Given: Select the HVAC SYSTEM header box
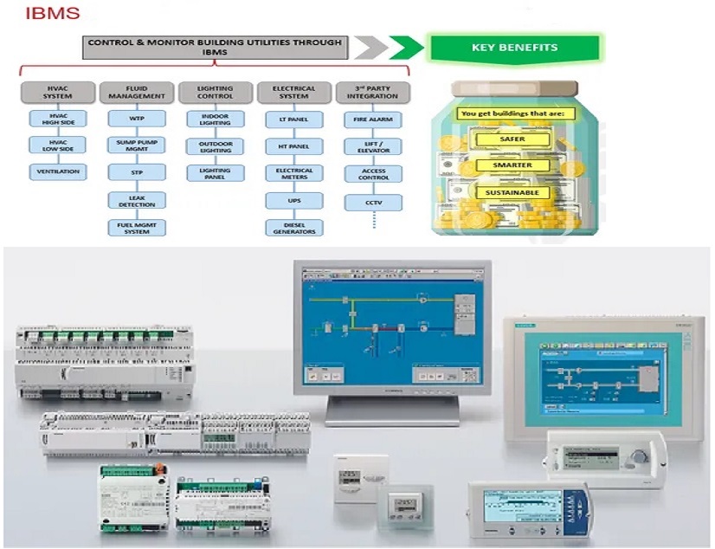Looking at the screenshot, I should [x=58, y=92].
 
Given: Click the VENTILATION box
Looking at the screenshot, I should [x=58, y=171].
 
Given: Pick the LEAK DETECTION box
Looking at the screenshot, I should [x=137, y=200].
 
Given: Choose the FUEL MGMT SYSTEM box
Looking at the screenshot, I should [x=137, y=228].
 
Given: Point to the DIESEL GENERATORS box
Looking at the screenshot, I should [x=293, y=228].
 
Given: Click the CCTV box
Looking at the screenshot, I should [x=373, y=202].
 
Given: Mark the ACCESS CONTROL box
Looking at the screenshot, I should [x=373, y=173].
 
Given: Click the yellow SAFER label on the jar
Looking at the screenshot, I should [x=512, y=139].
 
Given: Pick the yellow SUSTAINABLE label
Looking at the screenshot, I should [x=512, y=192].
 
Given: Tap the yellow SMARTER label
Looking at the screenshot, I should [x=512, y=165].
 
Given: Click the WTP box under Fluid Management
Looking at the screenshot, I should [x=137, y=119].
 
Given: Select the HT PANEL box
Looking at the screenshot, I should [x=293, y=145].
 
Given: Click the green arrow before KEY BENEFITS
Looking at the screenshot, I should [x=405, y=48].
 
